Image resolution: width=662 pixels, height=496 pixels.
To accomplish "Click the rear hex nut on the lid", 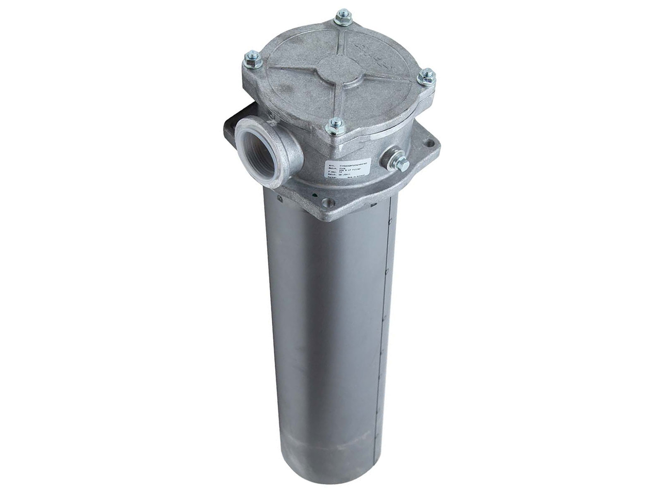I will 343,17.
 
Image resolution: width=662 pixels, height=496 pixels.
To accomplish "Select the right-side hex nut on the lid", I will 427,77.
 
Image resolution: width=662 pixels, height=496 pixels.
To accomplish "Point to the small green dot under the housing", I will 315,194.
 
